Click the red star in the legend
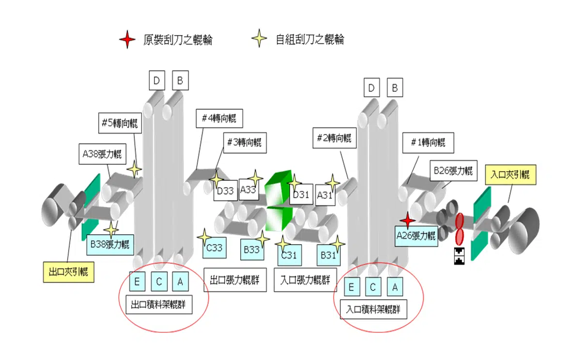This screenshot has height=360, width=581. tap(127, 39)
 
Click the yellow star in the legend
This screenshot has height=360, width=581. tap(260, 39)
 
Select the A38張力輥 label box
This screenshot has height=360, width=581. tap(101, 155)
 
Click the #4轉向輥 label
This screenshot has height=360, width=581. tap(219, 119)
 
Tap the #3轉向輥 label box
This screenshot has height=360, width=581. tap(244, 143)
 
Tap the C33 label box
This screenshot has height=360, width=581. tap(214, 248)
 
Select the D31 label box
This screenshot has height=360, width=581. tap(301, 195)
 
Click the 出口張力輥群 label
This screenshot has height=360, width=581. tap(235, 280)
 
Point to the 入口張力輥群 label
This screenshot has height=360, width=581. tap(306, 280)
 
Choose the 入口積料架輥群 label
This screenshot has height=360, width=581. tap(373, 309)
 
